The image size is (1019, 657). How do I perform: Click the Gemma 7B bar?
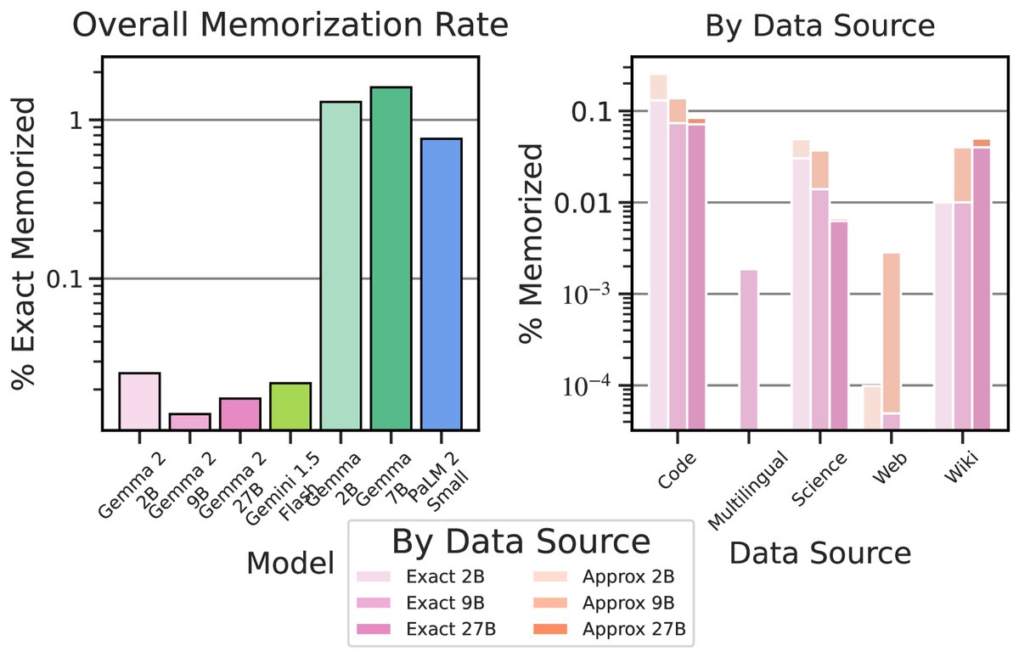tap(391, 259)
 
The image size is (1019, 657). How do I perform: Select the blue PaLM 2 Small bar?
tap(441, 284)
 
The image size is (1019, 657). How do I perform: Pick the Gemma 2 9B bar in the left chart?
tap(189, 422)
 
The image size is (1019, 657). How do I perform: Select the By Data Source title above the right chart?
tap(819, 26)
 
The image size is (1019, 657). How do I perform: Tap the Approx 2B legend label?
tap(629, 577)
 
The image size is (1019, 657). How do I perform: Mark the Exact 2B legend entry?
tap(445, 577)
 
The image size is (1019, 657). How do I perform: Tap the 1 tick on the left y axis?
tap(82, 120)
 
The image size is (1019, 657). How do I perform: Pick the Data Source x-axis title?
tap(819, 554)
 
